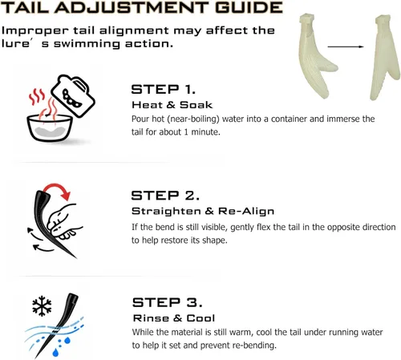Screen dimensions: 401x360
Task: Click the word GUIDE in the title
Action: (x=249, y=7)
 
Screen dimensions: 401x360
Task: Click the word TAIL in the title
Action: (x=25, y=7)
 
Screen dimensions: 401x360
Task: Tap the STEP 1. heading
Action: (x=163, y=89)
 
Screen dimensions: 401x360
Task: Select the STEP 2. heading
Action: (x=165, y=196)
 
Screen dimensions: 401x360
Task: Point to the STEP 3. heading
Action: (x=167, y=302)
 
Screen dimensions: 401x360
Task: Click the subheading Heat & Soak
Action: (x=172, y=105)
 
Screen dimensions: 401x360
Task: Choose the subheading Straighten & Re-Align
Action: (x=203, y=211)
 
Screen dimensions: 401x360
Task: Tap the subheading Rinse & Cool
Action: (x=174, y=318)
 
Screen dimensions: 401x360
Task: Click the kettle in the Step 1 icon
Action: (x=73, y=95)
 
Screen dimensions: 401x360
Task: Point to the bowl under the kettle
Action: (x=50, y=127)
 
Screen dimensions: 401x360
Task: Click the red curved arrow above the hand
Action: (x=58, y=190)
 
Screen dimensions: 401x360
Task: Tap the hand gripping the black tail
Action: (x=63, y=221)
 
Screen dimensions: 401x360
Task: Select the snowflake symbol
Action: (x=42, y=305)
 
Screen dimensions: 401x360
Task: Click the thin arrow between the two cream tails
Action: (x=346, y=47)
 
